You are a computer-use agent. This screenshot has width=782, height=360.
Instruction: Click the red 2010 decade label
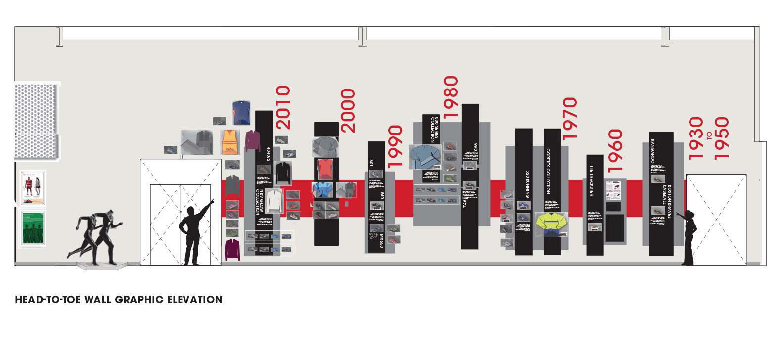282,108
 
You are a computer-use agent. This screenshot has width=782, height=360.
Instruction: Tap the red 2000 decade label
348,111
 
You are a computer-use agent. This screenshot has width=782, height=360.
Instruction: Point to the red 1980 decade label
451,97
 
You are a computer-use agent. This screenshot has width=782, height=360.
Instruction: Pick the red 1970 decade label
569,118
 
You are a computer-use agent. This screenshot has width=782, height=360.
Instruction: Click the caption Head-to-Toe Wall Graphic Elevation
119,300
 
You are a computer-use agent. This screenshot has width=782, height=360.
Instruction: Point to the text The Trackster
591,180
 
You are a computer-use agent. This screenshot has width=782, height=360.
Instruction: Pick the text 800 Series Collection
434,130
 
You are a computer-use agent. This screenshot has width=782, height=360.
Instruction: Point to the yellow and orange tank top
230,142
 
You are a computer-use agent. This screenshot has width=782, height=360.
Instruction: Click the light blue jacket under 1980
424,157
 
